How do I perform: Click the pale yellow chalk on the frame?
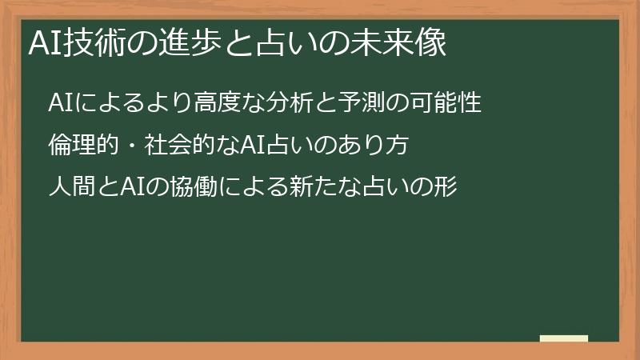pyautogui.click(x=564, y=338)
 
